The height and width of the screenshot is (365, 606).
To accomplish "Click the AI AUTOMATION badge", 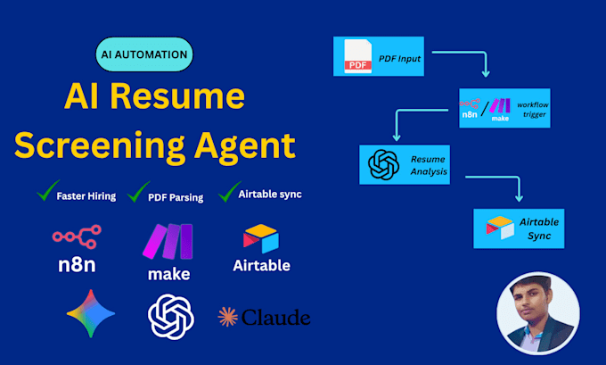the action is point(144,54).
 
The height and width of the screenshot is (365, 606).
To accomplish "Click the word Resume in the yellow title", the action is point(177,95).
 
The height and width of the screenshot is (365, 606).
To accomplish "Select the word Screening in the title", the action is point(100,146).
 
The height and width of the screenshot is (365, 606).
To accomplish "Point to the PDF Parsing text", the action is point(176,197).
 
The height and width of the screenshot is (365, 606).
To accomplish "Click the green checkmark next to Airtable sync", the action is point(230,192).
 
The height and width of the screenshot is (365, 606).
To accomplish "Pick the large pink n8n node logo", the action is point(77,236).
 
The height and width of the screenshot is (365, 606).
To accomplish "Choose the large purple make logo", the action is point(168,241).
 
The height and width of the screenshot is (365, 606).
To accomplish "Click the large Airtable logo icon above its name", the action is point(261,238).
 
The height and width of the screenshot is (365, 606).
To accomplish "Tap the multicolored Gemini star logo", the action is point(91,313).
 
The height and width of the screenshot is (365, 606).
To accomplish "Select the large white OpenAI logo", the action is point(171,317).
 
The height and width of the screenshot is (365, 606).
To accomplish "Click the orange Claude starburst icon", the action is point(227,317).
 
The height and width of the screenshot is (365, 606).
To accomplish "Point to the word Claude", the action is point(276,318).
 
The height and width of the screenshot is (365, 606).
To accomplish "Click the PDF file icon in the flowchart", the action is point(358,56).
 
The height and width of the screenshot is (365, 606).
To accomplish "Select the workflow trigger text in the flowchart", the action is point(533,110).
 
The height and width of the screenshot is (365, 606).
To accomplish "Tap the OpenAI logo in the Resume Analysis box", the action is point(383,165).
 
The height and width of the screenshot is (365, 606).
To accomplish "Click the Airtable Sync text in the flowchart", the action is point(539,228).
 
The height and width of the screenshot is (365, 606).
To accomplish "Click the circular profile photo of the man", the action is point(538,313).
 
